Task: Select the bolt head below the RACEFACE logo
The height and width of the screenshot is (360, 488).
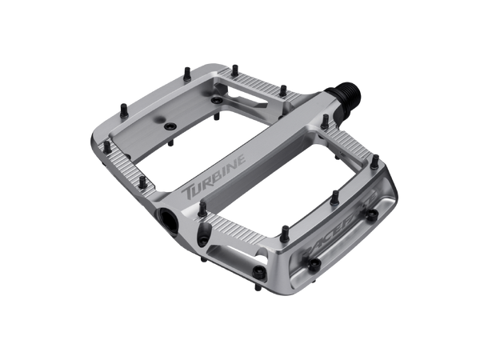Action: tap(314, 264)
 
